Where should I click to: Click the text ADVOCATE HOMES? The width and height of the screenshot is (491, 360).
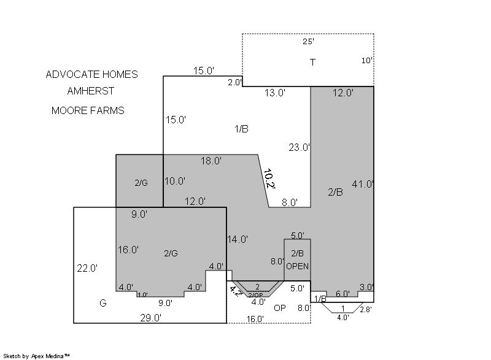91,74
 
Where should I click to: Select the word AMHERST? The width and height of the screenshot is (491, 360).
90,91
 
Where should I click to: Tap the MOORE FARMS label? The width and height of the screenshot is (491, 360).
88,111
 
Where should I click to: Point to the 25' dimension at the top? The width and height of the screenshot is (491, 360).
309,41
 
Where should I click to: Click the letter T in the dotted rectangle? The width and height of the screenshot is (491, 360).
312,63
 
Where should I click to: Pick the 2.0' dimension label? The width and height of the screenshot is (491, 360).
235,83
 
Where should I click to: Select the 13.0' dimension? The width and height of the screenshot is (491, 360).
275,93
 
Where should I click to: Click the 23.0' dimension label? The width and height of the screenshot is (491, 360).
300,147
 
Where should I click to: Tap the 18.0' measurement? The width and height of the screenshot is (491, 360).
211,161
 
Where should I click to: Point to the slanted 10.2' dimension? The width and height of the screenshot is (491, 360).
269,179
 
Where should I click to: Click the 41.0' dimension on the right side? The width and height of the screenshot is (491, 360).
363,184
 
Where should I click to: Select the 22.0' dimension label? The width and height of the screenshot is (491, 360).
87,269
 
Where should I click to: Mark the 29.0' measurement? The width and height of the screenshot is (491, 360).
150,318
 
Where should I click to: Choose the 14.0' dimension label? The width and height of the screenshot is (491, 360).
238,240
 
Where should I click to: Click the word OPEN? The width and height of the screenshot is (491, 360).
297,267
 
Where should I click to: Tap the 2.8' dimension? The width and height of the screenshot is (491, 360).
366,310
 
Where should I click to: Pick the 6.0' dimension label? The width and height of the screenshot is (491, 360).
342,294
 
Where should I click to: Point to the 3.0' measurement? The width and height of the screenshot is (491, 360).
366,287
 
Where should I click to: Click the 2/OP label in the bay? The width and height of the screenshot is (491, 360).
255,295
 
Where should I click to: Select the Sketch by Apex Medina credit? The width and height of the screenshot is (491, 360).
37,356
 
